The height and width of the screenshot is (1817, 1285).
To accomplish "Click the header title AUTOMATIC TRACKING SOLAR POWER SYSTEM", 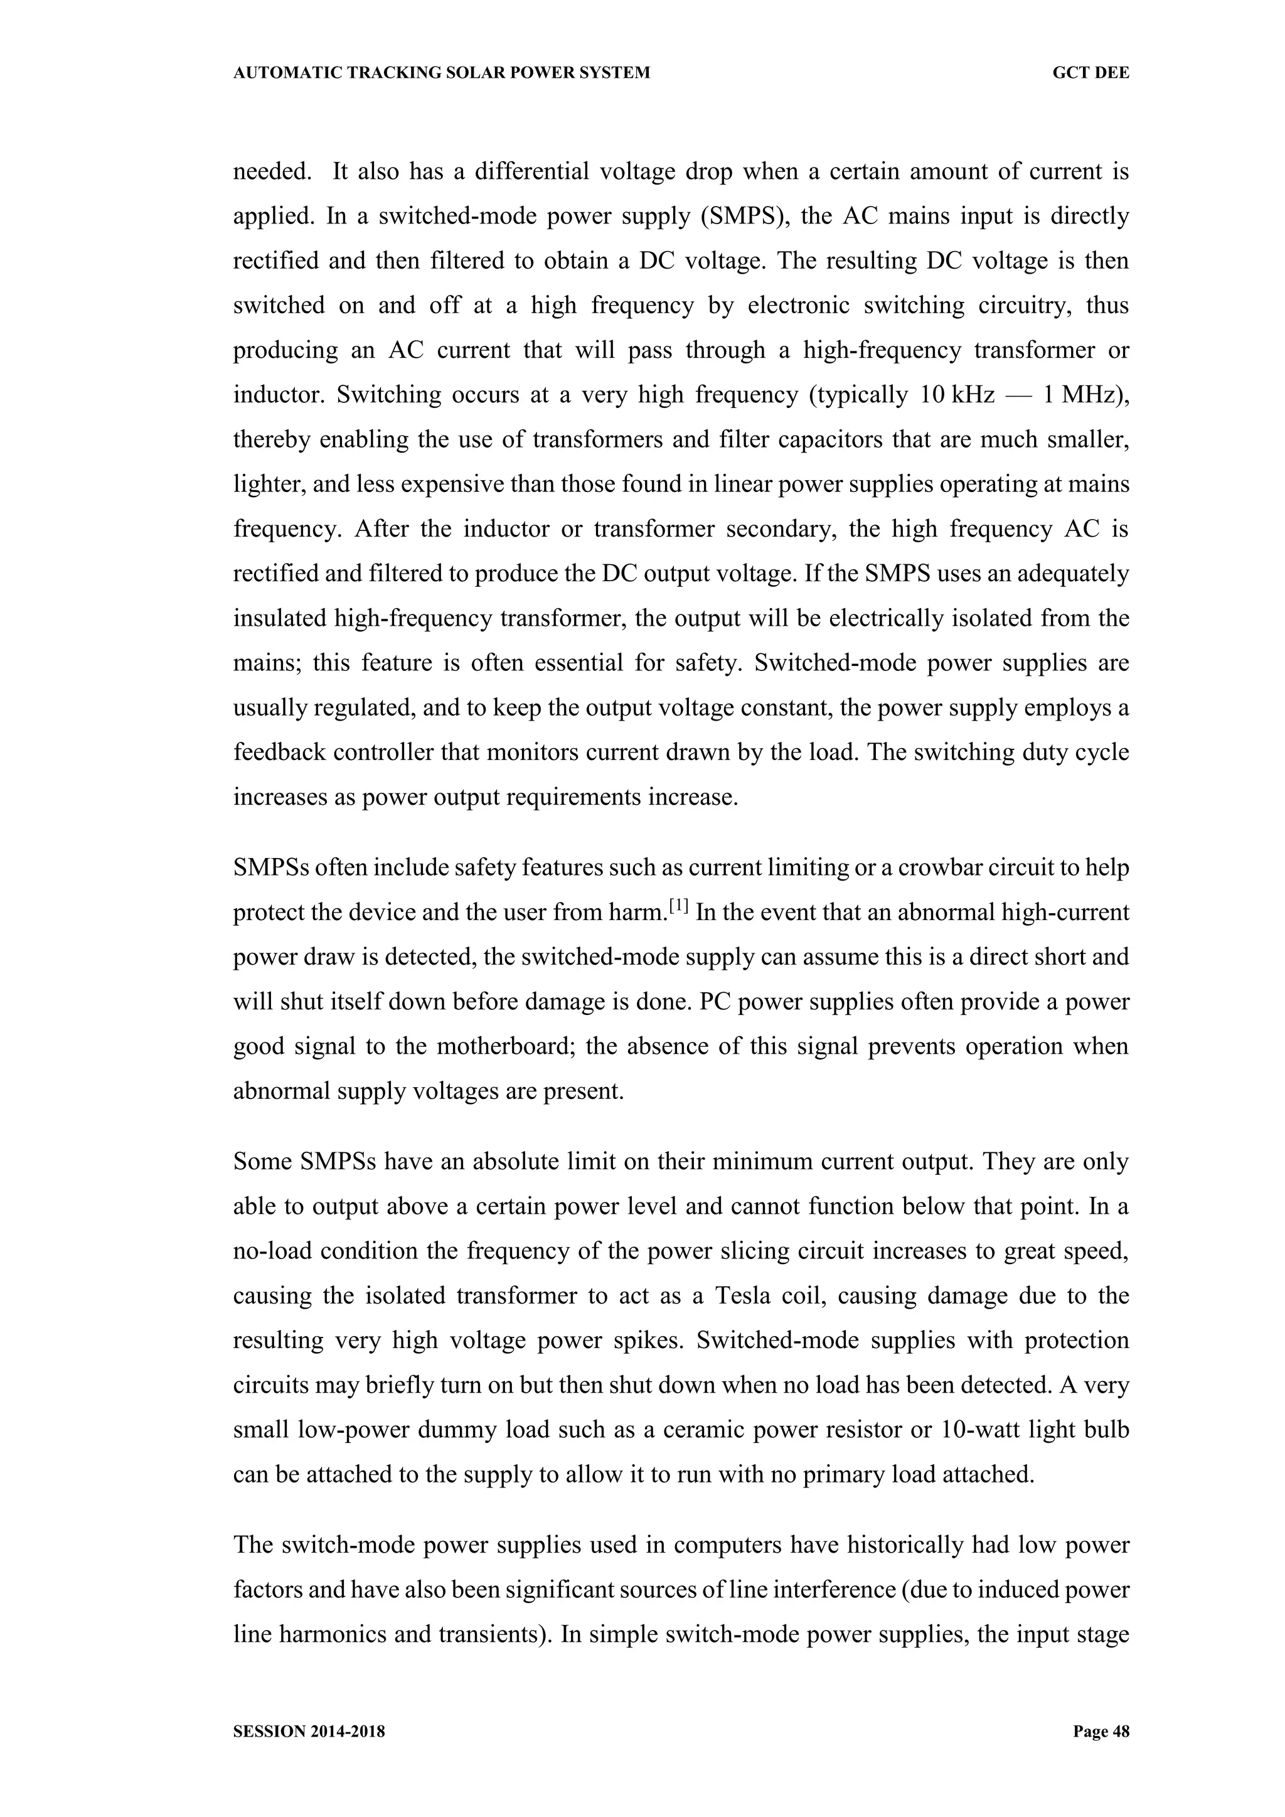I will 442,73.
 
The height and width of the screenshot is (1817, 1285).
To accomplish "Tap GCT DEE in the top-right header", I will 1090,73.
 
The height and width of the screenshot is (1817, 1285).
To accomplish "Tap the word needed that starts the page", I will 272,172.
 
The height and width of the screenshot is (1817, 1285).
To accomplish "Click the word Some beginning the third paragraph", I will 263,1162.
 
